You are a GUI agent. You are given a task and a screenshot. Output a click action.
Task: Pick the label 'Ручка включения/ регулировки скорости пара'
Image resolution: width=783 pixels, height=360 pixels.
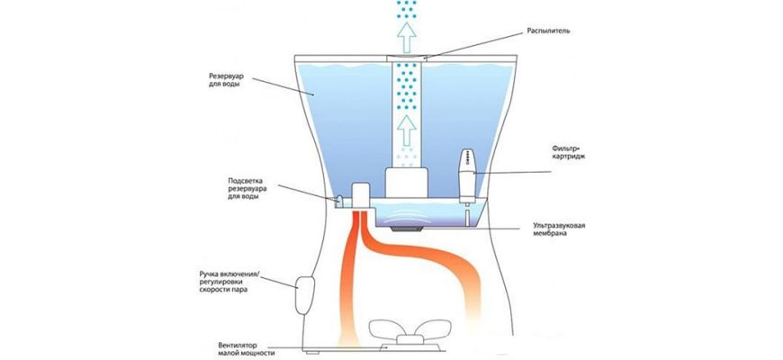231,278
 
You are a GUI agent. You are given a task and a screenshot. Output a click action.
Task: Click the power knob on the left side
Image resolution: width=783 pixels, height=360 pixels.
302,293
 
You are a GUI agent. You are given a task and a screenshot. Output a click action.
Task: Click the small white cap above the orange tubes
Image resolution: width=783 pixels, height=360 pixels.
359,194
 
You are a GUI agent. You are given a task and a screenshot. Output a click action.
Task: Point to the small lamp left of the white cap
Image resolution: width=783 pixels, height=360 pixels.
342,199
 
